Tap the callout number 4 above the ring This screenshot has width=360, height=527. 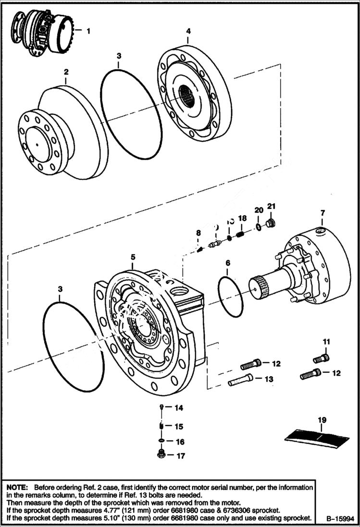click(x=188, y=31)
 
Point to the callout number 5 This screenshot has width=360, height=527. click(x=133, y=257)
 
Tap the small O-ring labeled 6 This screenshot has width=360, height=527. click(x=230, y=296)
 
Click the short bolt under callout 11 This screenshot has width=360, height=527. click(x=321, y=358)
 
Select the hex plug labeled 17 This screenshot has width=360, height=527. click(x=162, y=454)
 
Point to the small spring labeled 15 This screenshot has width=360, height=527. click(x=162, y=426)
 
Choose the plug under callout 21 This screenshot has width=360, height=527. click(x=271, y=223)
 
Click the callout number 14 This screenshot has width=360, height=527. click(x=179, y=408)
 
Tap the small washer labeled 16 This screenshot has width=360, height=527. click(x=162, y=441)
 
